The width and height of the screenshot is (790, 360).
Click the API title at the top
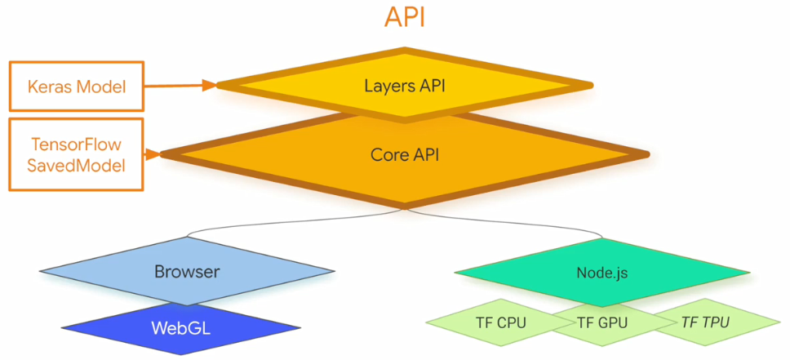pyautogui.click(x=405, y=18)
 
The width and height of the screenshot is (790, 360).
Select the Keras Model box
pyautogui.click(x=77, y=86)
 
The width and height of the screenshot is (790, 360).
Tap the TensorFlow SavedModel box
pyautogui.click(x=77, y=154)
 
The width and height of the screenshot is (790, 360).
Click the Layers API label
pyautogui.click(x=405, y=84)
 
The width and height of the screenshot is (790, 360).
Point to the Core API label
pyautogui.click(x=405, y=153)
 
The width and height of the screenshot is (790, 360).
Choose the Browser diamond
pyautogui.click(x=187, y=272)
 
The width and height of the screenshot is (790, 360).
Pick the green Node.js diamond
pyautogui.click(x=601, y=272)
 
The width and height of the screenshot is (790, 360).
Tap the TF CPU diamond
pyautogui.click(x=500, y=322)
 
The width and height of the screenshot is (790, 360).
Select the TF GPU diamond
pyautogui.click(x=602, y=322)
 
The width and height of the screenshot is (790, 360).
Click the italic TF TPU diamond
pyautogui.click(x=705, y=322)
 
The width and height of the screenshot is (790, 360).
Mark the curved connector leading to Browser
pyautogui.click(x=269, y=222)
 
